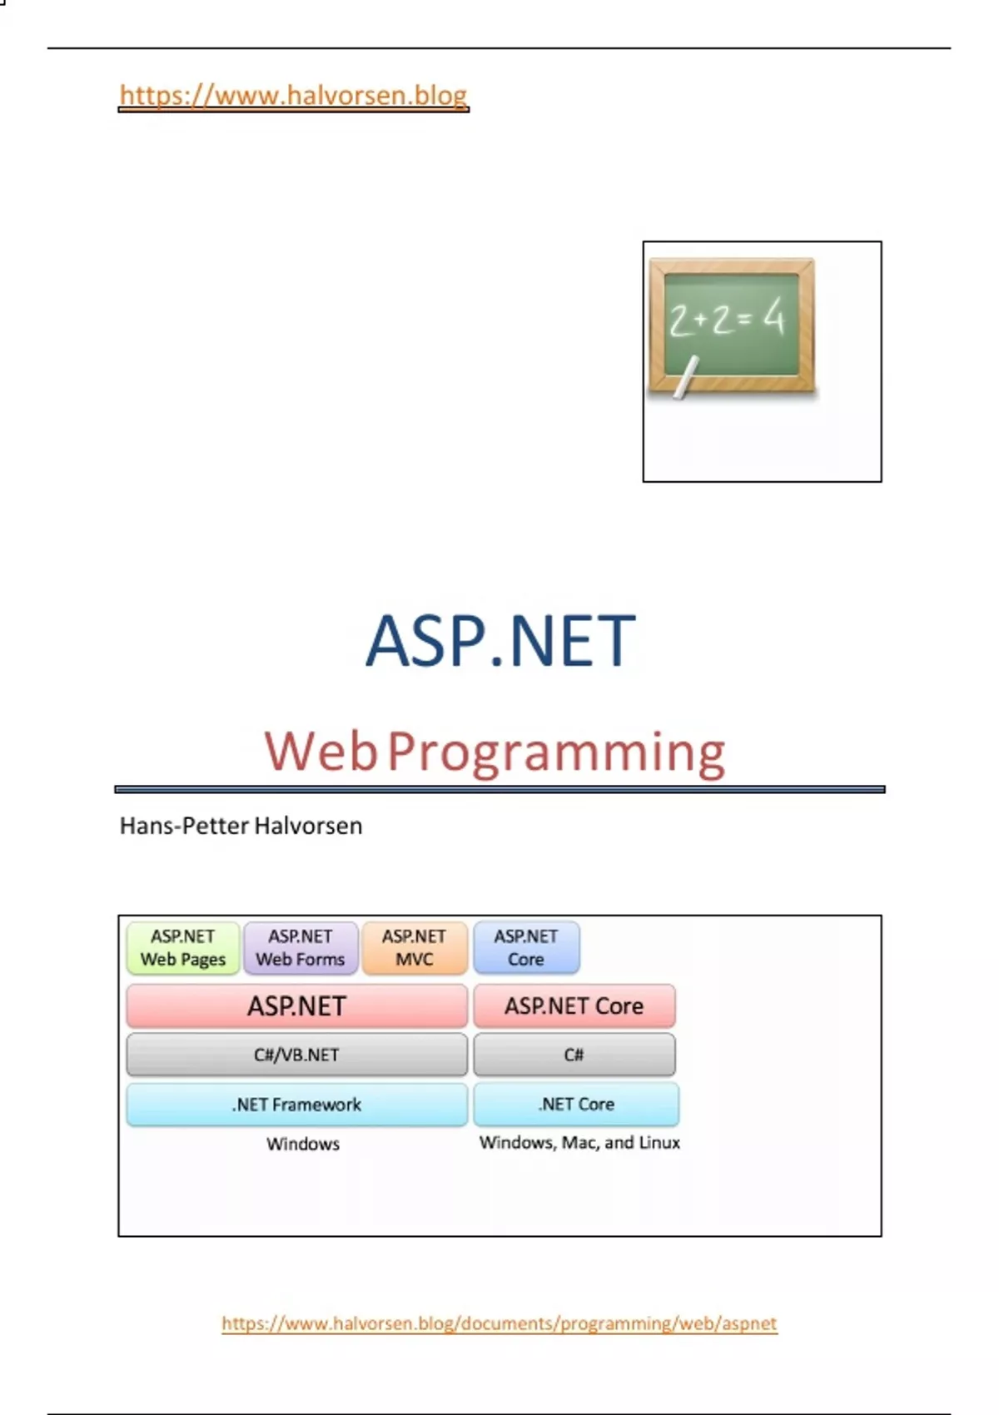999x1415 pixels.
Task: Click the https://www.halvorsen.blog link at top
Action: [293, 96]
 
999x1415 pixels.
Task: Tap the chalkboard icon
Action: [733, 326]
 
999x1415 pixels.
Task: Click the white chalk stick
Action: [686, 377]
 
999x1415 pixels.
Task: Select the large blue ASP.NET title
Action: [500, 641]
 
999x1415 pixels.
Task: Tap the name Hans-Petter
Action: [185, 826]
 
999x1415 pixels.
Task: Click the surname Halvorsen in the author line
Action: [308, 826]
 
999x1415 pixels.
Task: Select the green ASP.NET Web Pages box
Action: [183, 947]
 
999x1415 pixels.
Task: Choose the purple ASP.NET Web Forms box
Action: [301, 947]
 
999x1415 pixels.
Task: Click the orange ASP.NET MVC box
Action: [415, 947]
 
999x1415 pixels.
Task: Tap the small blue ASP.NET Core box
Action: [526, 947]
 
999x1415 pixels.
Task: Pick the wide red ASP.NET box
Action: [297, 1005]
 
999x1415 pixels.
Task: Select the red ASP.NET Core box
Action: [574, 1005]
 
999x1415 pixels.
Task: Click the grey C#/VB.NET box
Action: [297, 1055]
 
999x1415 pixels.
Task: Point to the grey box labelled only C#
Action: [574, 1055]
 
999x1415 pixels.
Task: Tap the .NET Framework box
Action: [297, 1105]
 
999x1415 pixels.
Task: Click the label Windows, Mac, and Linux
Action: [579, 1143]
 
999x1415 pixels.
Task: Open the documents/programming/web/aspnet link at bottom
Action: [499, 1323]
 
